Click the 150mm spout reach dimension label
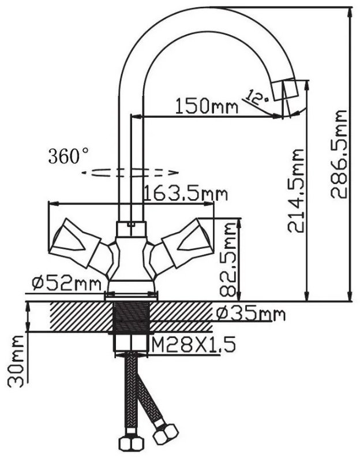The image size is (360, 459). click(207, 106)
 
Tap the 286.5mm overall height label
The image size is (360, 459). click(338, 155)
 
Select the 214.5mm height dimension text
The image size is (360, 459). click(295, 191)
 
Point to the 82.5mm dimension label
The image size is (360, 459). click(228, 260)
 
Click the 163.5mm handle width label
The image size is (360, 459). click(186, 193)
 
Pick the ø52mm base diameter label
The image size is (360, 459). click(67, 283)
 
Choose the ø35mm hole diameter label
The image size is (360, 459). click(250, 314)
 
